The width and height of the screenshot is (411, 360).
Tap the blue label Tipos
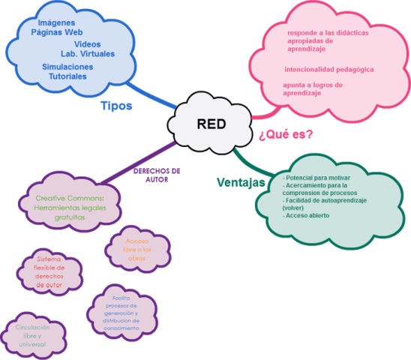(x=116, y=106)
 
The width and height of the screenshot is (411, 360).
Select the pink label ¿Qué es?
(x=286, y=135)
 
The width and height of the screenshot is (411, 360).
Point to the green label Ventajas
(x=240, y=182)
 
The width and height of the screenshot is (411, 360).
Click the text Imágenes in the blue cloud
(x=55, y=23)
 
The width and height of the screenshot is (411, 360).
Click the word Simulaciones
(x=68, y=66)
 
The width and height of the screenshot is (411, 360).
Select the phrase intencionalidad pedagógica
(x=328, y=69)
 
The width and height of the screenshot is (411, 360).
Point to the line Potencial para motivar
(x=313, y=178)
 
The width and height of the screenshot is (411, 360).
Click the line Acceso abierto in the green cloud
(x=306, y=215)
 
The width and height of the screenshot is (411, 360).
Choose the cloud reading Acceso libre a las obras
(x=137, y=248)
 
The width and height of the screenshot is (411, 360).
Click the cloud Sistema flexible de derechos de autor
(x=50, y=271)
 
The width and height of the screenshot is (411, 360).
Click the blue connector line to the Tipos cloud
(x=153, y=96)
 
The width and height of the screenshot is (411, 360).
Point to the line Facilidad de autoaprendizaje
(x=324, y=200)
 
